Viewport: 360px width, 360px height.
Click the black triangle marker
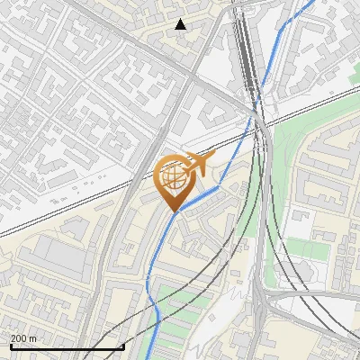pos(181,24)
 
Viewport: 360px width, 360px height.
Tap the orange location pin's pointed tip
pos(174,211)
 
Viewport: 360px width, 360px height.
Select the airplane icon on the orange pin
pos(196,164)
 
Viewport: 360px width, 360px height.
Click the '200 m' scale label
pos(24,338)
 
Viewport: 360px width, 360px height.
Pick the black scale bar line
pos(67,347)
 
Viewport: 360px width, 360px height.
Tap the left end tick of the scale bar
pos(10,346)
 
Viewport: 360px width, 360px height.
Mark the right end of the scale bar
pos(123,346)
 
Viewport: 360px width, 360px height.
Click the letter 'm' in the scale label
pos(33,338)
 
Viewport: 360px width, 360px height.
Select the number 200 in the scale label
pos(19,338)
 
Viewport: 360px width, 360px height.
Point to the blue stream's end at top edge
pos(312,3)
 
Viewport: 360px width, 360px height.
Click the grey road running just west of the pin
pos(135,207)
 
